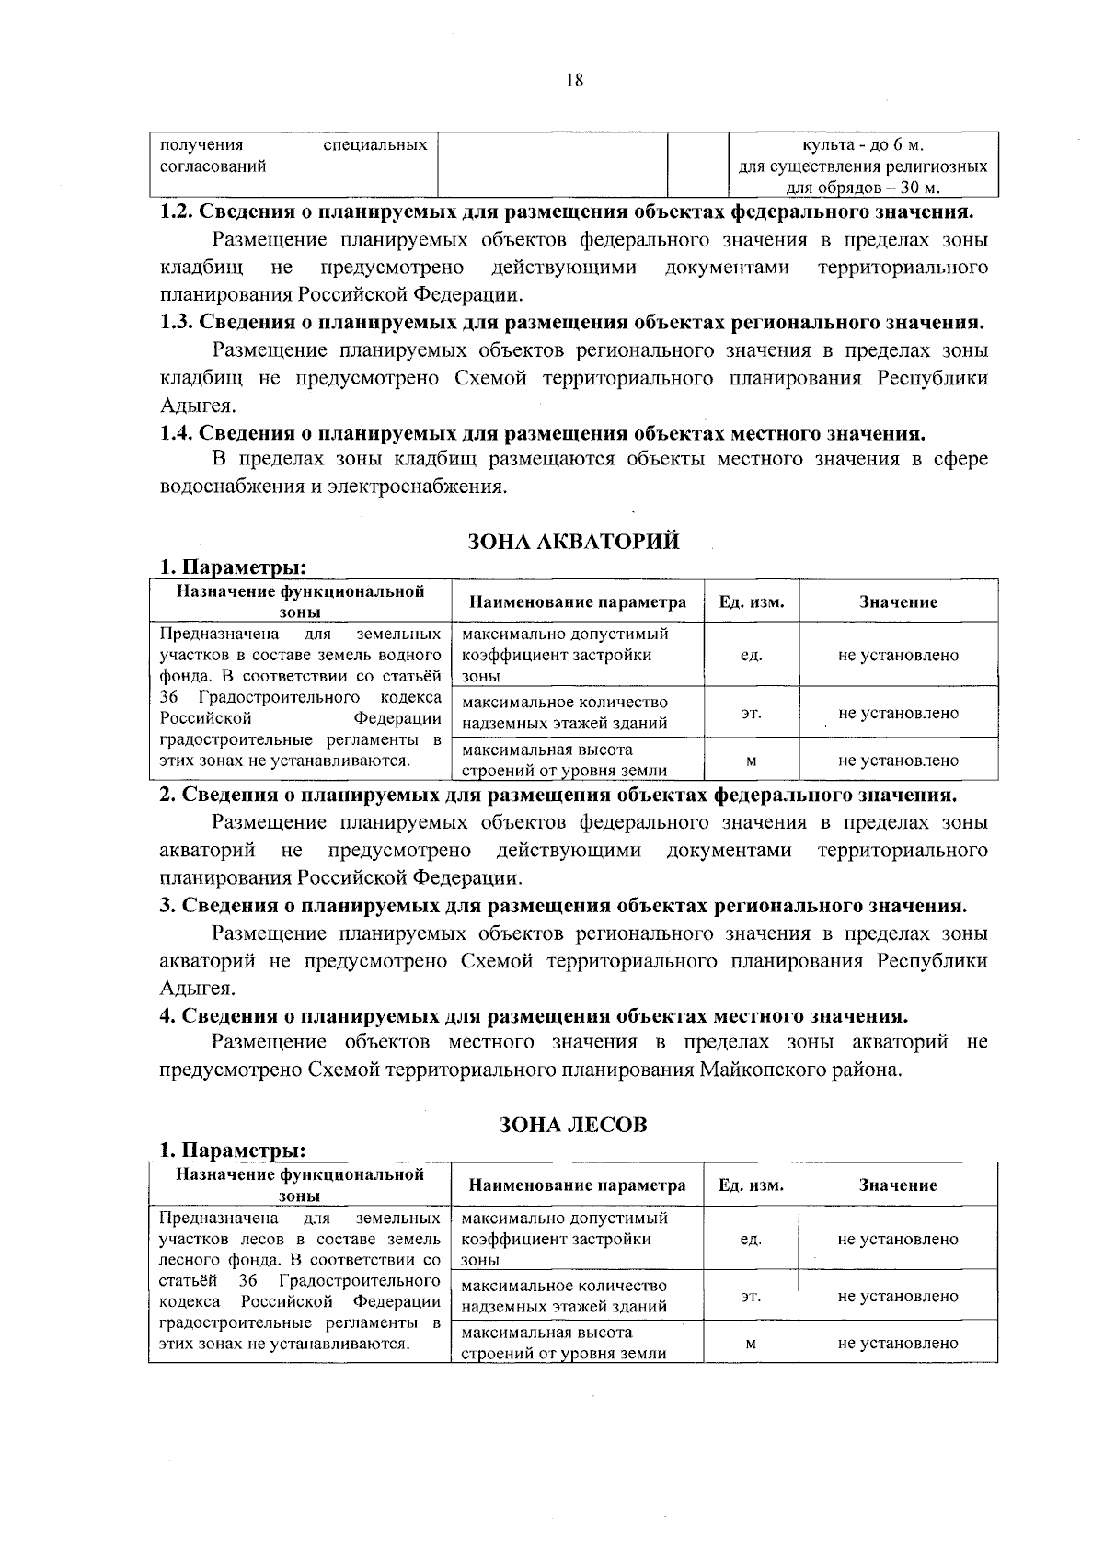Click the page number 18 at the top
click(x=575, y=80)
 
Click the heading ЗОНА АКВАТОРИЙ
click(x=574, y=542)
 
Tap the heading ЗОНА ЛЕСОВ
click(x=574, y=1124)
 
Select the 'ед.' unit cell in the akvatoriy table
click(x=751, y=656)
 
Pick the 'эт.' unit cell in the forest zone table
click(x=751, y=1296)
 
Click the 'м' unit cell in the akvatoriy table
click(x=751, y=761)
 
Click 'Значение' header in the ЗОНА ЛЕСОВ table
click(x=898, y=1185)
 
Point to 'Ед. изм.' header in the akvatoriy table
click(x=751, y=602)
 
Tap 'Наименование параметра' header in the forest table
click(x=577, y=1185)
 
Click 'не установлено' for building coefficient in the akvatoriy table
click(x=898, y=656)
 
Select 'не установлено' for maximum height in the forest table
click(x=898, y=1343)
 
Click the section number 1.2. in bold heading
click(x=177, y=212)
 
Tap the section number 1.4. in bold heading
click(x=177, y=433)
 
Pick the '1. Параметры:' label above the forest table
click(x=233, y=1151)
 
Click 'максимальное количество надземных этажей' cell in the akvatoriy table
click(x=565, y=713)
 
